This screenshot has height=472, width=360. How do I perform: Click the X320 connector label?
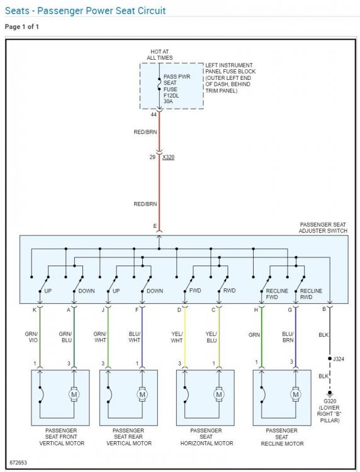tap(168, 157)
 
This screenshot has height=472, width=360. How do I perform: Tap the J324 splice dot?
tap(330, 359)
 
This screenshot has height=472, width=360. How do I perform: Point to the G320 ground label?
tap(330, 402)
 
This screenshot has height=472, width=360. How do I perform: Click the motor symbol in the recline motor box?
tap(296, 395)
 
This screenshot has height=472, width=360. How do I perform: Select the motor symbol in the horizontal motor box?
tap(219, 395)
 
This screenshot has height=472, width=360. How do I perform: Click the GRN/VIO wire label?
tap(31, 337)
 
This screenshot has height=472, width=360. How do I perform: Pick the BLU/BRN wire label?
tap(288, 337)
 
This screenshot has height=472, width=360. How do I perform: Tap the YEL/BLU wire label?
tap(211, 337)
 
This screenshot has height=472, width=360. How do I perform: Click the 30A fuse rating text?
tap(168, 102)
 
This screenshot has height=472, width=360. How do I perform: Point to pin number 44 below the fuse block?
tap(154, 115)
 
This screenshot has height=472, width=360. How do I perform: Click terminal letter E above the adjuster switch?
tap(155, 226)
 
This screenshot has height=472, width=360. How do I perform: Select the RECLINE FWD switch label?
tap(277, 294)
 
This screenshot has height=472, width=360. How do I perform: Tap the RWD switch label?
tap(229, 291)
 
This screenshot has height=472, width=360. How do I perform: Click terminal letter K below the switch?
tap(35, 310)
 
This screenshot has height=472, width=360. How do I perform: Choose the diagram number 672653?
tap(18, 463)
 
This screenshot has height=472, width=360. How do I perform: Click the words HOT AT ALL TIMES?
tap(159, 55)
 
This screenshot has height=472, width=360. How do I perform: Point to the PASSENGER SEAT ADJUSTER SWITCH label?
tap(323, 228)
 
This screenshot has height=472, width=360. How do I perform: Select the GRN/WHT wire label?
tap(99, 337)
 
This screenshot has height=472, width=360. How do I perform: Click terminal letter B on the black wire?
tap(324, 309)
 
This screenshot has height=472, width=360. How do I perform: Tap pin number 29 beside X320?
tap(152, 157)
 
